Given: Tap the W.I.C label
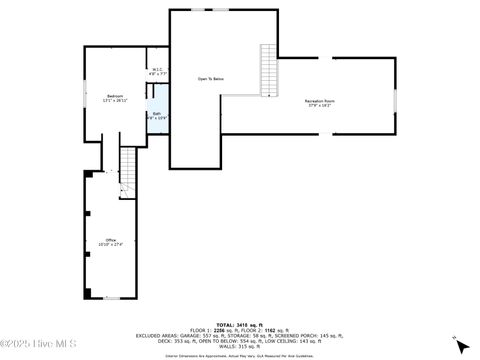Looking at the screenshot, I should pyautogui.click(x=157, y=70).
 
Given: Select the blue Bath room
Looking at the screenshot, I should pyautogui.click(x=157, y=116).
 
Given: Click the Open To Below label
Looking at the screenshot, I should pyautogui.click(x=210, y=78).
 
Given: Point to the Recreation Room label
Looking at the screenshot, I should pyautogui.click(x=320, y=101).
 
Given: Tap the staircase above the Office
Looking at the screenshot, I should pyautogui.click(x=128, y=172).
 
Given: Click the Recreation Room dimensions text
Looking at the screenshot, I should pyautogui.click(x=320, y=106).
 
